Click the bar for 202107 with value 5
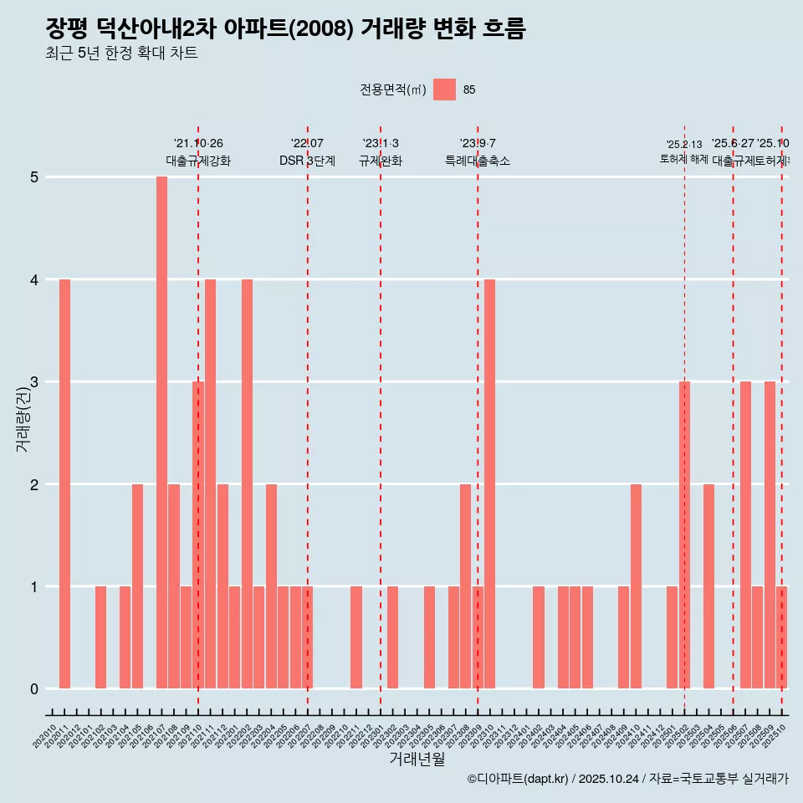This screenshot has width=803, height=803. (x=161, y=432)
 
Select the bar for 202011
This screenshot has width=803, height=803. (x=64, y=483)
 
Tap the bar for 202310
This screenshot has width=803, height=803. (x=490, y=483)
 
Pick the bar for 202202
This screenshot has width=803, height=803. (x=247, y=483)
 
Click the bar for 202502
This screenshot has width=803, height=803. (x=684, y=535)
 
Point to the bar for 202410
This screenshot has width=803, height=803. (x=636, y=586)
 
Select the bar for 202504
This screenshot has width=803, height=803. (x=708, y=586)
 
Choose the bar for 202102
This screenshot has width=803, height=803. (x=100, y=637)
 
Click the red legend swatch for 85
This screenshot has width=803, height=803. (x=444, y=90)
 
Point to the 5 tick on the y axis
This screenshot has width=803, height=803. (x=34, y=177)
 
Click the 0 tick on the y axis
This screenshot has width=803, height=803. (x=34, y=689)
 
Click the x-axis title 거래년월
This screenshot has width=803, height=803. (x=417, y=759)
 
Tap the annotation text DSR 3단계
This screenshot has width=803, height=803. (x=307, y=161)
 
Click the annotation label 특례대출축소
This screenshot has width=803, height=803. (x=477, y=161)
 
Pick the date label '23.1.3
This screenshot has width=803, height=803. (x=381, y=144)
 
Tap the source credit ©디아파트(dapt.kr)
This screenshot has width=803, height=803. (x=517, y=779)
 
